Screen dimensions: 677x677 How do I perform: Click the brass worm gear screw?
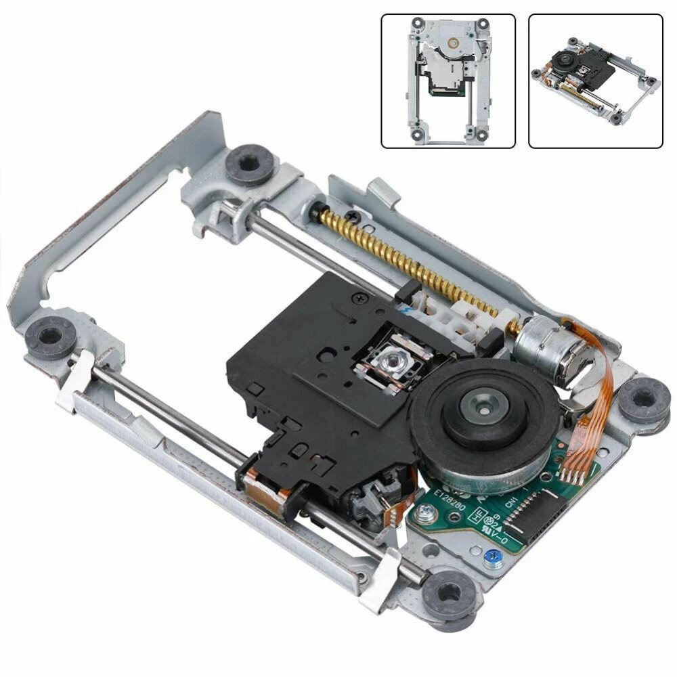(x=406, y=264)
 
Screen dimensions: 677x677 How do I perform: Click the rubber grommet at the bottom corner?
(x=449, y=594)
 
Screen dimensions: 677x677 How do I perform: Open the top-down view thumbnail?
(x=448, y=81)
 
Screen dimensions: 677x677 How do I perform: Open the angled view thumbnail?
(x=595, y=81)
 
